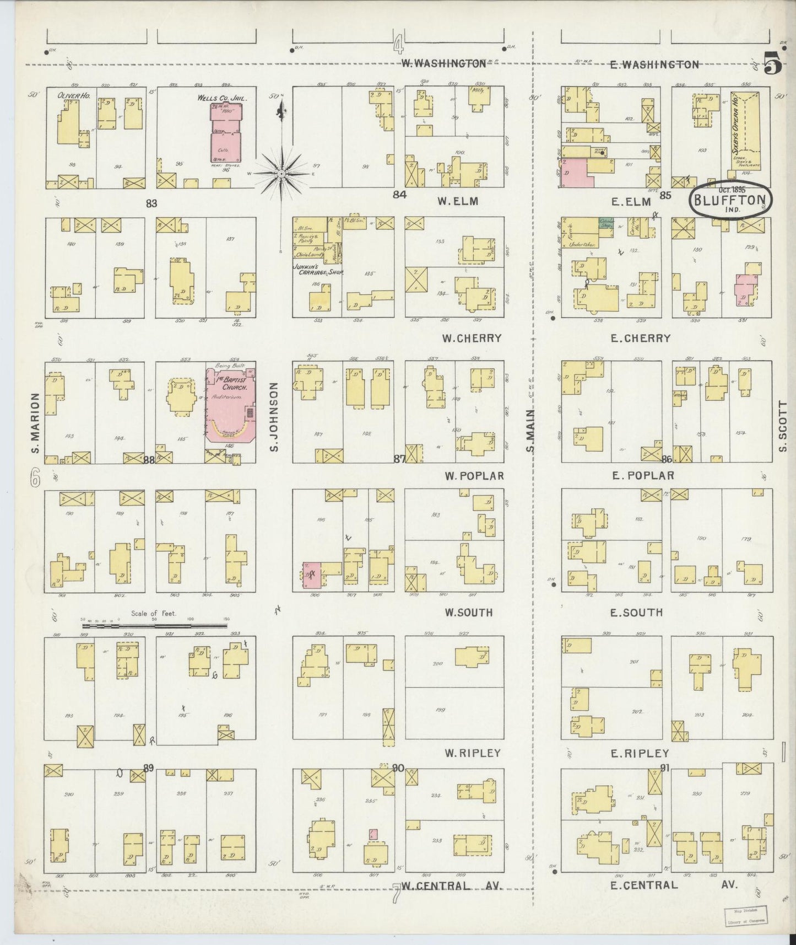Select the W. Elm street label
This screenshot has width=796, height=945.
point(457,202)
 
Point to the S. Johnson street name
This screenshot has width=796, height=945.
point(274,416)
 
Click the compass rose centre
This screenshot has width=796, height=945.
point(281,173)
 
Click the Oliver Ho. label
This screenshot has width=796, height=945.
point(74,95)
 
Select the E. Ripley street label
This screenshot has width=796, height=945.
point(641,753)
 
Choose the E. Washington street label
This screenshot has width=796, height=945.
point(654,65)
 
